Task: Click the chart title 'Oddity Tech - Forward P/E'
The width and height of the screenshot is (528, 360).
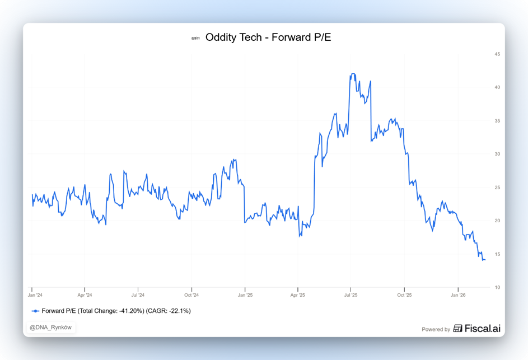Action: (268, 38)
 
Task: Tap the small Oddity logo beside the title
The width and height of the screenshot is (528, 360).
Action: (195, 39)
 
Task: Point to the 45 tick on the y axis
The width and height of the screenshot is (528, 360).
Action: (497, 54)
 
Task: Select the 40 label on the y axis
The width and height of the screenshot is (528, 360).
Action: (497, 87)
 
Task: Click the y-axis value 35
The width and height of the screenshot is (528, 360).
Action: (497, 121)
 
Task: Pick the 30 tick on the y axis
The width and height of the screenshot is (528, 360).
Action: (497, 154)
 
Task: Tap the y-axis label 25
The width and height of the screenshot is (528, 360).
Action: (497, 188)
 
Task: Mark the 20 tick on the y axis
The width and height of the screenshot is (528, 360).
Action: (497, 221)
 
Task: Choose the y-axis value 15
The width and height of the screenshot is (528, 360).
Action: (497, 254)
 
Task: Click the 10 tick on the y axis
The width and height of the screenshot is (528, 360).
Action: (497, 287)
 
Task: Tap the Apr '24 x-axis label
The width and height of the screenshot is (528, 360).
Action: (85, 294)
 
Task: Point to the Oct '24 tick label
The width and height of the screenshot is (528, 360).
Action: (191, 294)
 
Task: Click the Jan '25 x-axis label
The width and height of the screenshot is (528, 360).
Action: (245, 294)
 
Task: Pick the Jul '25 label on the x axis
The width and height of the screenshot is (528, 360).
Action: (351, 294)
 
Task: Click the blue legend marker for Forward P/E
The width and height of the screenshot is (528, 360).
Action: (36, 311)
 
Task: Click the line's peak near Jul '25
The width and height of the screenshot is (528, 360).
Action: (352, 73)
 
